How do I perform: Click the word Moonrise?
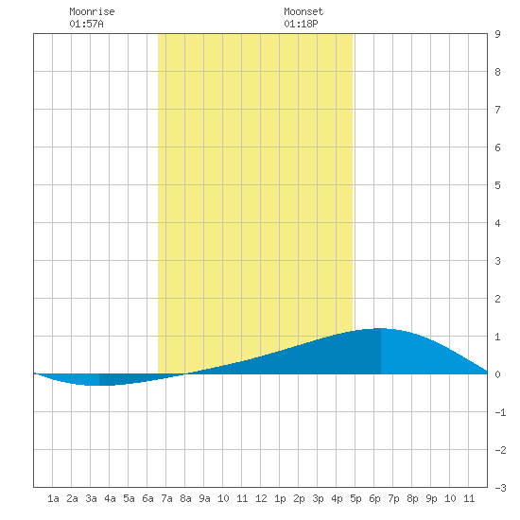[92, 11]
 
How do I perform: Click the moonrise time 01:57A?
[87, 24]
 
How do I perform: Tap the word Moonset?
[303, 11]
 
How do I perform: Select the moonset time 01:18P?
[301, 24]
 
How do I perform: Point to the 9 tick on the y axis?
[497, 34]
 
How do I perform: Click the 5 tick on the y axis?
[497, 185]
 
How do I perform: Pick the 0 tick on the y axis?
[497, 374]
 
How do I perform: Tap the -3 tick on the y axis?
[500, 488]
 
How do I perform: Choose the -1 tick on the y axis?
[500, 412]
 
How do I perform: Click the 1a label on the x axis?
[53, 498]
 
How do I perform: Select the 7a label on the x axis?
[166, 498]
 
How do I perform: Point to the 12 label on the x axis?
[261, 498]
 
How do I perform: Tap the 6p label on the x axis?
[374, 498]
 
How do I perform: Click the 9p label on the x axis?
[431, 498]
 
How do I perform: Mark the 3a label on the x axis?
[91, 498]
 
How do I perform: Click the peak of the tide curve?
[381, 328]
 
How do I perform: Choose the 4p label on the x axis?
[337, 498]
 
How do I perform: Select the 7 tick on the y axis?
[497, 110]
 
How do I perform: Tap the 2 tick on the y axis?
[497, 299]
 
